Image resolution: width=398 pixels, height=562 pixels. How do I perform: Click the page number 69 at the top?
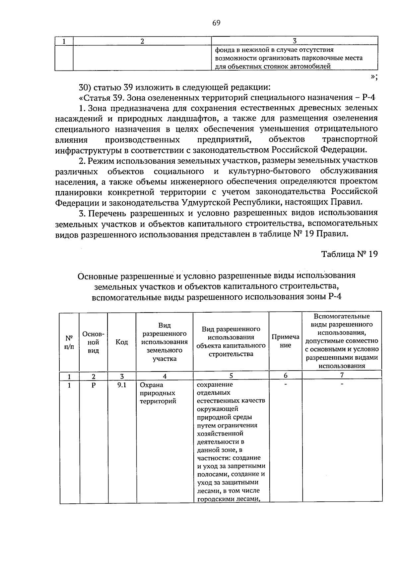[x=216, y=23]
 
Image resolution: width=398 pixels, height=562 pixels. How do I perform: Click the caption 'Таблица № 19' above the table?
[x=349, y=254]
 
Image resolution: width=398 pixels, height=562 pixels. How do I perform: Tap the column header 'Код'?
[x=122, y=342]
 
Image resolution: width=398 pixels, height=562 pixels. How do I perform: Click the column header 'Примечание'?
[x=285, y=341]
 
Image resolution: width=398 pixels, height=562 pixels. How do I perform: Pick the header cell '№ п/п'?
[x=69, y=342]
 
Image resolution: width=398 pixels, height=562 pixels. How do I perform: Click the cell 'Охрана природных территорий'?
[x=158, y=393]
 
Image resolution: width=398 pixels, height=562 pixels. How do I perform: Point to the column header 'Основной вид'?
[x=94, y=342]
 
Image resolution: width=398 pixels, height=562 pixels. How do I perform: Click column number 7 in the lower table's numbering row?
[x=342, y=376]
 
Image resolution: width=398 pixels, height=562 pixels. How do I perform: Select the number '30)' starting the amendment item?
[x=86, y=88]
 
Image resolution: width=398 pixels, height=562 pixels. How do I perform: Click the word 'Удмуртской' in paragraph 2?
[x=205, y=202]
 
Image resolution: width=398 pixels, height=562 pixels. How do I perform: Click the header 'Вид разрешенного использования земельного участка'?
[x=165, y=342]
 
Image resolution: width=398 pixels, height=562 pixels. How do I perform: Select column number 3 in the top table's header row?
[x=295, y=41]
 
